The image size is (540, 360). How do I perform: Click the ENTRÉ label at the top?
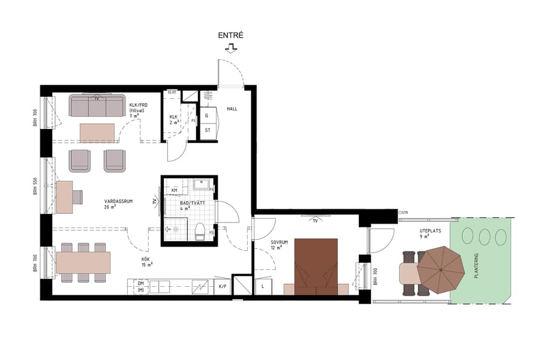(x=230, y=36)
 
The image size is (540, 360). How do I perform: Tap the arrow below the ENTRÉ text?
(x=230, y=49)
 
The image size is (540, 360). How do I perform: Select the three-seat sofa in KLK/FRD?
(x=97, y=106)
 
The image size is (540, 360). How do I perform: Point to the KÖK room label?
(x=146, y=262)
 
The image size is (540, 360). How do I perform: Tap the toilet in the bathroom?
(x=200, y=231)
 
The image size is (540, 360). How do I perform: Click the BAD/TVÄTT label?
(x=193, y=203)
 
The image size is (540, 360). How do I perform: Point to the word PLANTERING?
(x=477, y=265)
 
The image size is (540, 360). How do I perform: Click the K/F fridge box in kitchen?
(x=222, y=287)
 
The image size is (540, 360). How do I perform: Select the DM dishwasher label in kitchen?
(x=140, y=283)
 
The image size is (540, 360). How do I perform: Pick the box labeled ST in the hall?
(x=208, y=130)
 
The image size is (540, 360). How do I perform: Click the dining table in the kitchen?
(x=83, y=262)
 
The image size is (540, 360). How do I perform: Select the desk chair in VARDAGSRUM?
(x=77, y=197)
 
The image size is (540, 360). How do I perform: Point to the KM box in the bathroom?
(x=175, y=190)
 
